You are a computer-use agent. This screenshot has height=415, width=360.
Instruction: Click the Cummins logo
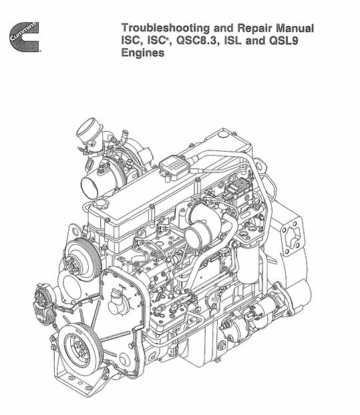[x=24, y=37]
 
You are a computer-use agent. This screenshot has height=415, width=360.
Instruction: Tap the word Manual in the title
[x=295, y=28]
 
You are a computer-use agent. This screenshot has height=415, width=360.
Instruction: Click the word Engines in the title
[x=142, y=53]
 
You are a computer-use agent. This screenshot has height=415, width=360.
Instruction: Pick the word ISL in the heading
[x=232, y=41]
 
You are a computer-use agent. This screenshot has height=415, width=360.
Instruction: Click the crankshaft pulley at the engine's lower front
[x=79, y=350]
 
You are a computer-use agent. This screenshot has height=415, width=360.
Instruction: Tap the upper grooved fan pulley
[x=83, y=259]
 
